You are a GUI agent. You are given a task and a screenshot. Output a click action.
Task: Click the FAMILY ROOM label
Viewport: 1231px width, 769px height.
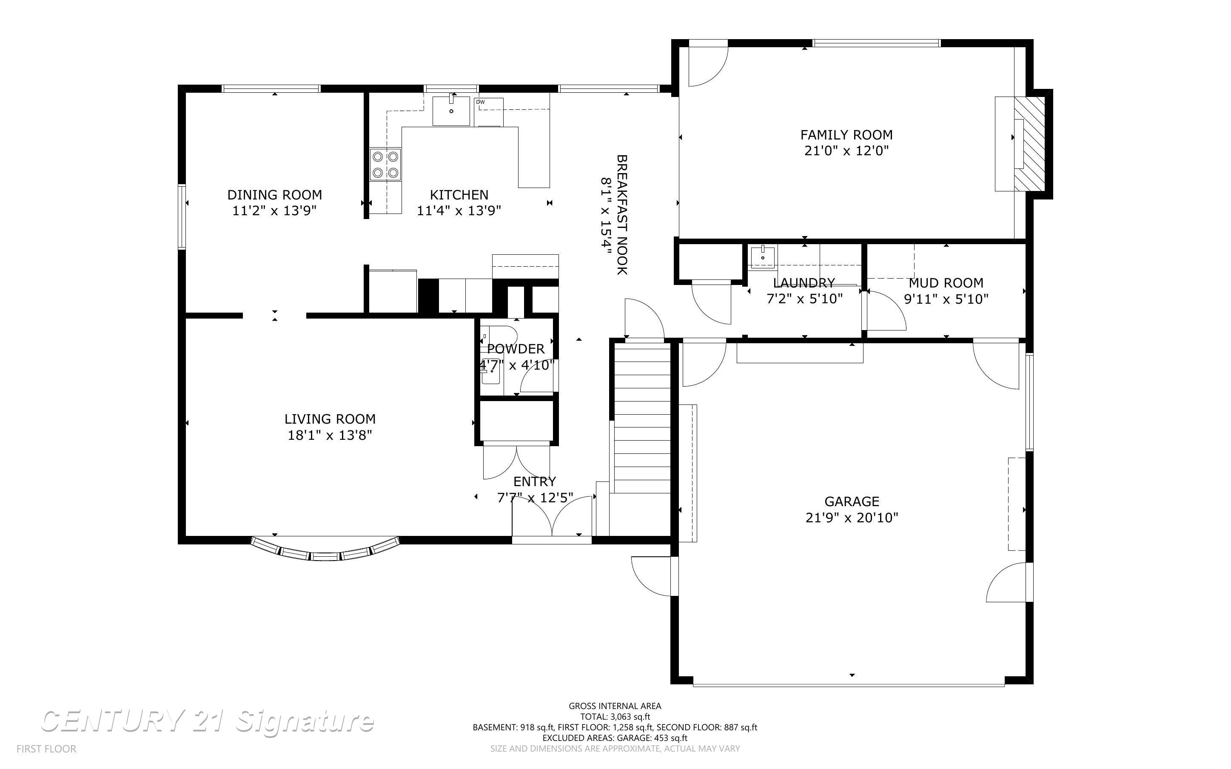(x=846, y=135)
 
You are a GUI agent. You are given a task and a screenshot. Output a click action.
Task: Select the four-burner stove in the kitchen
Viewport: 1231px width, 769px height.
(x=385, y=164)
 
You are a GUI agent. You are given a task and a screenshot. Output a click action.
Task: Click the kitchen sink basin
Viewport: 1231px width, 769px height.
(x=451, y=111)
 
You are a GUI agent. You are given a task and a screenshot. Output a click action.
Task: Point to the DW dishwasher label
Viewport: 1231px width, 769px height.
(x=481, y=102)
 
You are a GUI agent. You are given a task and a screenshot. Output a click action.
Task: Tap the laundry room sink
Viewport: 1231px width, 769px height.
(x=763, y=257)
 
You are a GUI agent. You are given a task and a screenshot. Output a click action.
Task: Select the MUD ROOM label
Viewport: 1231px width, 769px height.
(x=946, y=283)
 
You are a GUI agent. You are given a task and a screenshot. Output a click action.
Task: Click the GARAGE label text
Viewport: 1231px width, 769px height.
(x=852, y=501)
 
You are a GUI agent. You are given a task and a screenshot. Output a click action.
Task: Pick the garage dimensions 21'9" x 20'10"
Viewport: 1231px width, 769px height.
(x=852, y=518)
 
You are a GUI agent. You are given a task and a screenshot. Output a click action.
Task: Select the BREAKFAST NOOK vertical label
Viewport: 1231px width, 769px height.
(x=622, y=215)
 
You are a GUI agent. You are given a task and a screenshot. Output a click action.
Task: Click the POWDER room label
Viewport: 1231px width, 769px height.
(x=516, y=349)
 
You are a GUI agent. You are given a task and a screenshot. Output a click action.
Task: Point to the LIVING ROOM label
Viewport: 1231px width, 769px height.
(x=330, y=419)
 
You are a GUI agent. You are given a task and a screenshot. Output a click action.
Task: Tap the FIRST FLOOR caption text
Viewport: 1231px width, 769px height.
(x=46, y=749)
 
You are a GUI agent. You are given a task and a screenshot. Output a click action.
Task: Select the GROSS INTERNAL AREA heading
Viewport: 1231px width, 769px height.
(x=615, y=706)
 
